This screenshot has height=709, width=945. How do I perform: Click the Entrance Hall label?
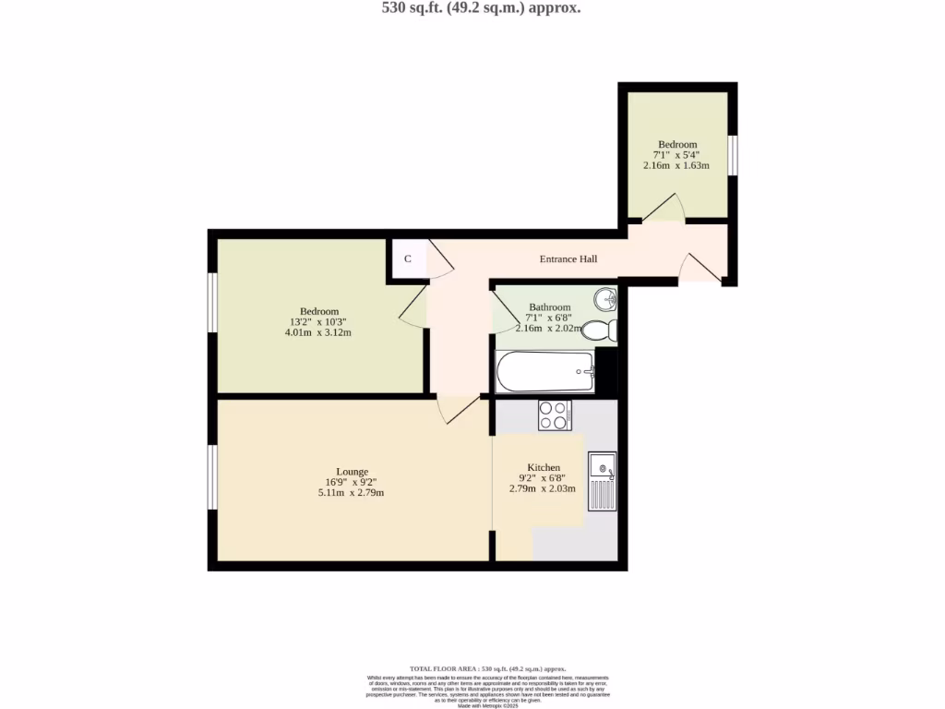pyautogui.click(x=568, y=259)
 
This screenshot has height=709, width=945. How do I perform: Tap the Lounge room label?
pyautogui.click(x=353, y=471)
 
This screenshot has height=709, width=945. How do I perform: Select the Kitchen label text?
pyautogui.click(x=543, y=467)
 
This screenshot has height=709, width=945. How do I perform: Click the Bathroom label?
pyautogui.click(x=549, y=306)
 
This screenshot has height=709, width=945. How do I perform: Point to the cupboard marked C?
pyautogui.click(x=407, y=258)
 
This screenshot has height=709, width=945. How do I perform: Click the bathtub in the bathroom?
pyautogui.click(x=544, y=372)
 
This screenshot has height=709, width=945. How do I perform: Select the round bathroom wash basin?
pyautogui.click(x=604, y=298)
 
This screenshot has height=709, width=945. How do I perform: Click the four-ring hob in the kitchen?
pyautogui.click(x=555, y=415)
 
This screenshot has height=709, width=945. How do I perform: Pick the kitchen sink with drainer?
pyautogui.click(x=602, y=481)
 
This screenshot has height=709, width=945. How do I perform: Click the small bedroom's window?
pyautogui.click(x=732, y=154)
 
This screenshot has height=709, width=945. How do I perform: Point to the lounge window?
pyautogui.click(x=212, y=476)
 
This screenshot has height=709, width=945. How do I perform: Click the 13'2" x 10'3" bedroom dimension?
pyautogui.click(x=319, y=322)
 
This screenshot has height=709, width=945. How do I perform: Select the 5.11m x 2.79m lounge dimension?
pyautogui.click(x=351, y=493)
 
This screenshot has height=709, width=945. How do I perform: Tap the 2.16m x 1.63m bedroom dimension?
pyautogui.click(x=676, y=166)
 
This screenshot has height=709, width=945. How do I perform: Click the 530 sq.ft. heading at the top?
pyautogui.click(x=469, y=8)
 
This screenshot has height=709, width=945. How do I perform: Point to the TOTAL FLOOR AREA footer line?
pyautogui.click(x=487, y=667)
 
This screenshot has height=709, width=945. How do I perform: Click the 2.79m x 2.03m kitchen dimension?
pyautogui.click(x=543, y=488)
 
